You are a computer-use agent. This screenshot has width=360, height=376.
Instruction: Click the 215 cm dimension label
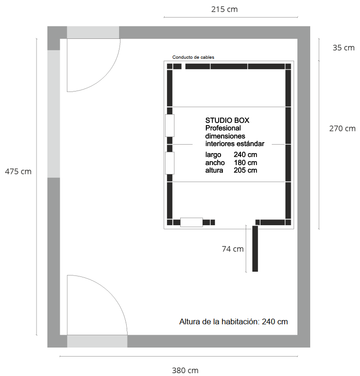click(x=224, y=9)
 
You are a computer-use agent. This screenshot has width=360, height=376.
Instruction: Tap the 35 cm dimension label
click(x=343, y=48)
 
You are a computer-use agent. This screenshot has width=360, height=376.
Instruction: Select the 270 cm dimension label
click(x=342, y=128)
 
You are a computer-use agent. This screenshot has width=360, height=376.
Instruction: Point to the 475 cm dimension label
click(x=18, y=172)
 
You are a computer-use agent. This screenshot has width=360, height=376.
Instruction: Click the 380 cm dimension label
click(x=185, y=370)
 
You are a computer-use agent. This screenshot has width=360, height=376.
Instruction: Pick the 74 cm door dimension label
click(x=232, y=249)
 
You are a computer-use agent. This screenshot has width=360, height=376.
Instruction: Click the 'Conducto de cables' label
click(x=193, y=57)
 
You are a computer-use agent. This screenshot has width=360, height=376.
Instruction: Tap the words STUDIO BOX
click(x=227, y=120)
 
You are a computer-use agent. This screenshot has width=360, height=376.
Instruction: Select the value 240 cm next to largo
click(x=245, y=155)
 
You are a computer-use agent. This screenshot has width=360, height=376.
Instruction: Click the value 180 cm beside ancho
click(x=245, y=163)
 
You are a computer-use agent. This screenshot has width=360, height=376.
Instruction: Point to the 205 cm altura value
click(x=245, y=170)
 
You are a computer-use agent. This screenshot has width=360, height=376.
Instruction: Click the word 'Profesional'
click(x=223, y=128)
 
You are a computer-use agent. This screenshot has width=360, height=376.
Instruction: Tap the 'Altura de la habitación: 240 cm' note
click(x=233, y=321)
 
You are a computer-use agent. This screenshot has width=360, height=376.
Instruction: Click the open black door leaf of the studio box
click(x=255, y=248)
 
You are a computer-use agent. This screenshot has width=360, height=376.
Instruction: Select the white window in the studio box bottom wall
click(x=192, y=222)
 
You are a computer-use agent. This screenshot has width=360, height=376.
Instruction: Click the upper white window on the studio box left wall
click(x=170, y=126)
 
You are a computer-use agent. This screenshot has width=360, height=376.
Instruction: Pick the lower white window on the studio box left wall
click(x=170, y=163)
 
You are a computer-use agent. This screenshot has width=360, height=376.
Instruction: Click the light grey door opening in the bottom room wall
click(x=97, y=341)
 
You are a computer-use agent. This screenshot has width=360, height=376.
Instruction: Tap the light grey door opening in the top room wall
click(x=93, y=32)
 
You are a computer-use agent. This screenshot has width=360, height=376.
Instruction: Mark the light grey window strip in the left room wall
click(x=54, y=114)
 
